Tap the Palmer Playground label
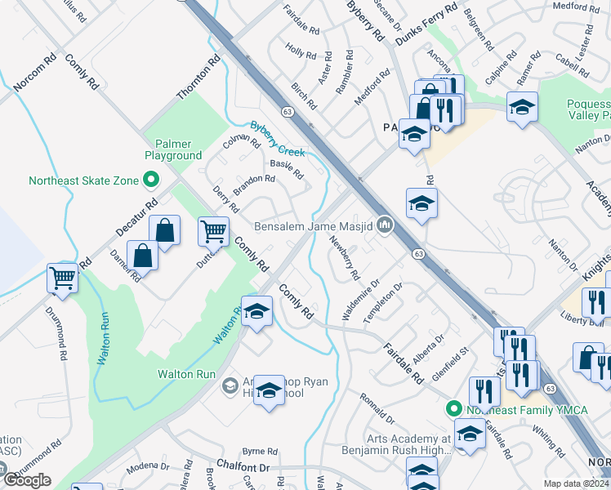[x=173, y=149]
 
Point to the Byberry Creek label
[x=277, y=140]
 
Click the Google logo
[x=27, y=480]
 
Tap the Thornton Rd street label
[x=198, y=78]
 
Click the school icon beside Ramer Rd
[x=522, y=106]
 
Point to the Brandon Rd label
[x=254, y=184]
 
